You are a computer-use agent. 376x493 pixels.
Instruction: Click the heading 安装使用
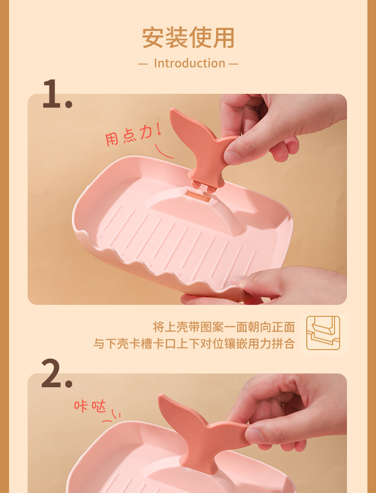point(188,38)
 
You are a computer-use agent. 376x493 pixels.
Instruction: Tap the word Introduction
point(189,63)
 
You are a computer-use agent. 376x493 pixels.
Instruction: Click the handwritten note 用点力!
point(132,135)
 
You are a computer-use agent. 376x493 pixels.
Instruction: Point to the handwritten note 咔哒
point(89,406)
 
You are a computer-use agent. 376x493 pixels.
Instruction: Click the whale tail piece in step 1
point(200,143)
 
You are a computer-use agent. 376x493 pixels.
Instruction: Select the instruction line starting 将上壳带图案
point(224,327)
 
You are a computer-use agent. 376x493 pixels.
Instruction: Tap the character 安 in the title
point(153,38)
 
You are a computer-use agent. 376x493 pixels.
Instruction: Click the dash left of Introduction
point(143,64)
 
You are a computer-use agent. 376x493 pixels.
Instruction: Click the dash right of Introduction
point(233,64)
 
